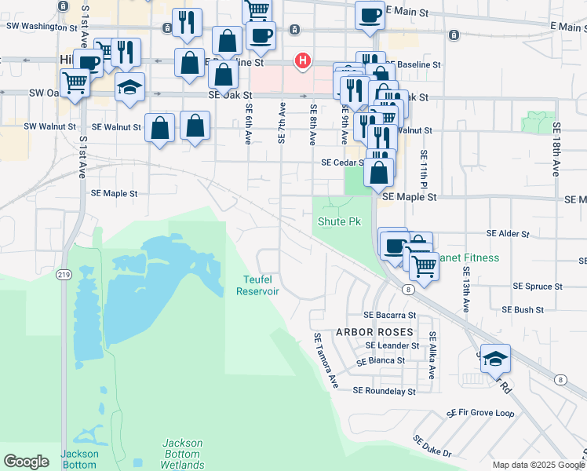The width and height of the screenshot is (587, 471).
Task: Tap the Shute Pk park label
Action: (x=339, y=222)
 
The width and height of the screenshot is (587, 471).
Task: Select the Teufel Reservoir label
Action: (x=258, y=285)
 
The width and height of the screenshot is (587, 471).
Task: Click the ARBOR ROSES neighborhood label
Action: (x=374, y=332)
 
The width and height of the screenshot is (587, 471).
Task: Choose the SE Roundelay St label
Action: (x=384, y=390)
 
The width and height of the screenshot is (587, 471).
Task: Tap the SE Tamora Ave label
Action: (x=326, y=360)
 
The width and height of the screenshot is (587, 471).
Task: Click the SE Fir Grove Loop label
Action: (x=480, y=413)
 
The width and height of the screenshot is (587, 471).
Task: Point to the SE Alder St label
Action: (x=508, y=234)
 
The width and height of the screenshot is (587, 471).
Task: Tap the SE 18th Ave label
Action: (x=556, y=148)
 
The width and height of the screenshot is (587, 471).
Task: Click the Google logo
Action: (x=26, y=462)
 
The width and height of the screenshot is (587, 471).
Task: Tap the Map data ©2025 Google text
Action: (x=538, y=465)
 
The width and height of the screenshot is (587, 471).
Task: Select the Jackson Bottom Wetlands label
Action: (x=182, y=454)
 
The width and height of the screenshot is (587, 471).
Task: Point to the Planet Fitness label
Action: (x=470, y=257)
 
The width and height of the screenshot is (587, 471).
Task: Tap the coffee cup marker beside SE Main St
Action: (x=370, y=16)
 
